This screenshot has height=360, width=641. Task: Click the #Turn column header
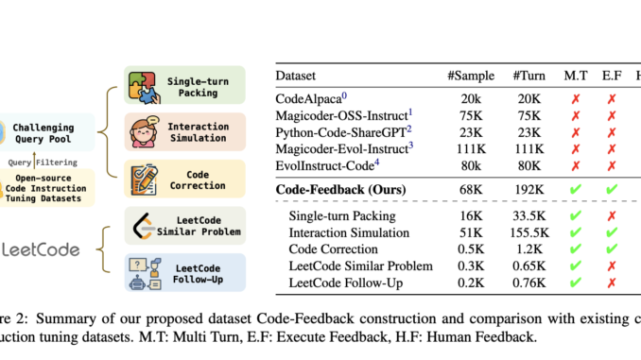(x=526, y=74)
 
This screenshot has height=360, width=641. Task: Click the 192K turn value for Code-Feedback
(x=527, y=190)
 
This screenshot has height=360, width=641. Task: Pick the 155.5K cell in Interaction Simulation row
(x=527, y=233)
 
